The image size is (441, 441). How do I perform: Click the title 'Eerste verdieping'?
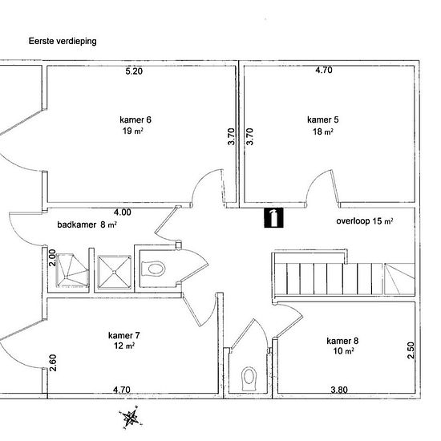63,41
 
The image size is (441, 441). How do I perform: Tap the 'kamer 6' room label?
136,119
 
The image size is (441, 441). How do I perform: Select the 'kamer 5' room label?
323,119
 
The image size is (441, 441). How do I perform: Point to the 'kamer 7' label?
123,335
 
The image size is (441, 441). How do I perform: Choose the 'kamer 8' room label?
342,341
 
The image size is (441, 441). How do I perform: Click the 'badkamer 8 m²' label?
87,225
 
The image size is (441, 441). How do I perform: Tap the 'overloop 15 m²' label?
365,221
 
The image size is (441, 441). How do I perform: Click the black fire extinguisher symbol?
273,217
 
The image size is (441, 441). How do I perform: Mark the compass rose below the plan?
131,417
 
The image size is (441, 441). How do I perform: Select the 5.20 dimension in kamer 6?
134,71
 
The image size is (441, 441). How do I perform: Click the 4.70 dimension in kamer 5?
324,70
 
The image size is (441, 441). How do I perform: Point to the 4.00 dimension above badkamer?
123,212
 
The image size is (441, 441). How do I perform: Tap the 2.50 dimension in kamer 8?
411,350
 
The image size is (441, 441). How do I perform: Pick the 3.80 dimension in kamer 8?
339,390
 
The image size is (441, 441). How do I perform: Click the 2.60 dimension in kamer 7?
53,362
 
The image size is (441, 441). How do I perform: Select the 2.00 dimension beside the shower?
52,258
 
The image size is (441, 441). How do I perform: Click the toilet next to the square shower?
153,269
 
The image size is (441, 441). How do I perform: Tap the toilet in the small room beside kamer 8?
249,378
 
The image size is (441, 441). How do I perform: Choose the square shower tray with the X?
114,272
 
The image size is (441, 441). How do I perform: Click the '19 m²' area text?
133,131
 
